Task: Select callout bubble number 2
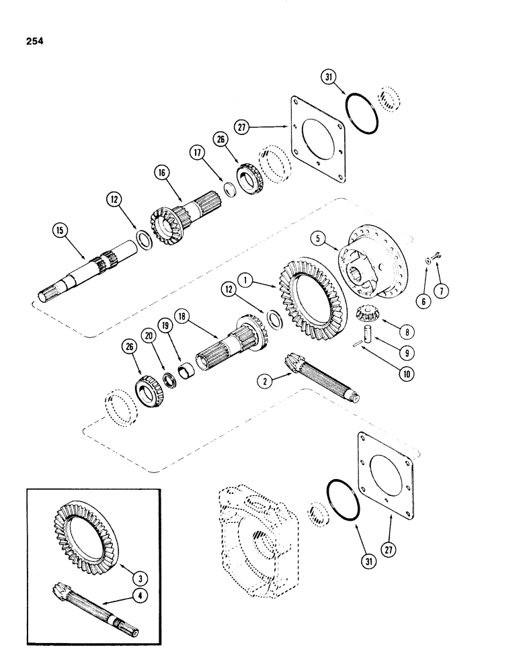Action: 266,384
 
